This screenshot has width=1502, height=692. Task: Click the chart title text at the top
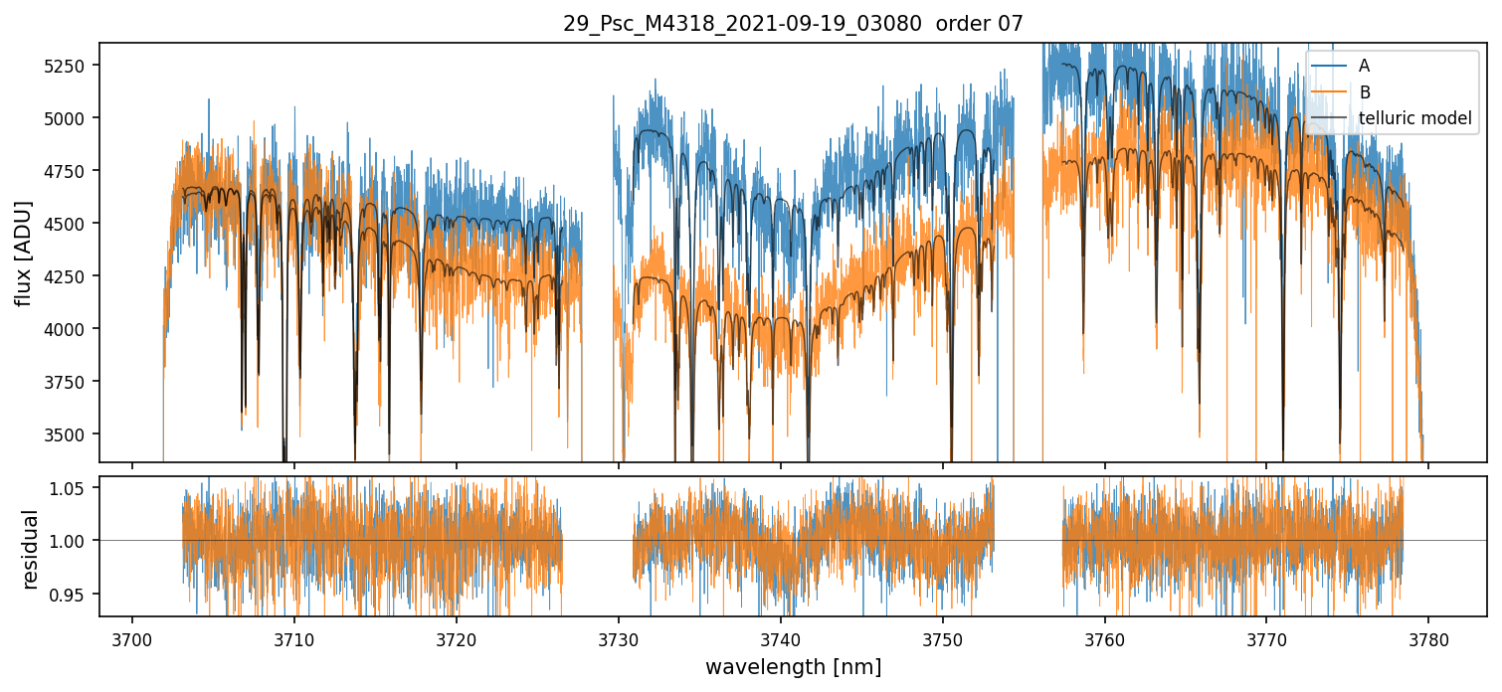tap(793, 24)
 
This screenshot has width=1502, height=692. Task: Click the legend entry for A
tap(1364, 66)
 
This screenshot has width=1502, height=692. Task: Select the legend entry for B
tap(1364, 92)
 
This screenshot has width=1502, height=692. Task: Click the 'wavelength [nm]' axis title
tap(793, 667)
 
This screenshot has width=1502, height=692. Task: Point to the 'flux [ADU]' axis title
tap(23, 253)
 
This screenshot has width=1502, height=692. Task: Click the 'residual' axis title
tap(30, 549)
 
